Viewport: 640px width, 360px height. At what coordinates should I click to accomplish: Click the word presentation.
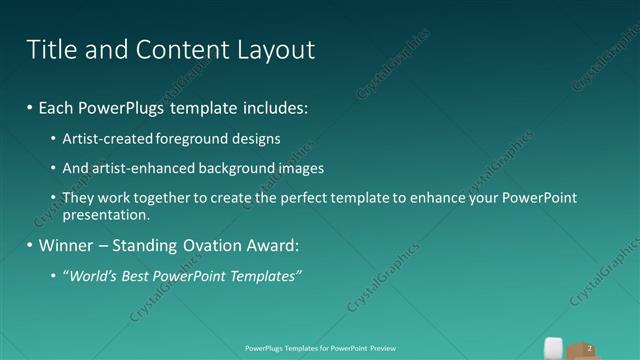pos(106,214)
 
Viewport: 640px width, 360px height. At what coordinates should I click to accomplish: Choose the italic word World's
pos(92,275)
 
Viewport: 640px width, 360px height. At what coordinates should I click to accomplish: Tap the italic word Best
pos(137,275)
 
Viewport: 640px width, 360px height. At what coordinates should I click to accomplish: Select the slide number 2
pos(590,347)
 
